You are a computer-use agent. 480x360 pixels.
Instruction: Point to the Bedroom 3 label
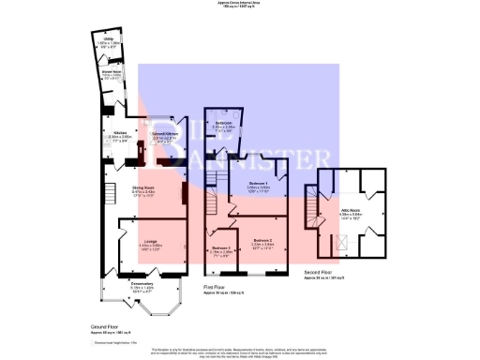(x=219, y=249)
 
